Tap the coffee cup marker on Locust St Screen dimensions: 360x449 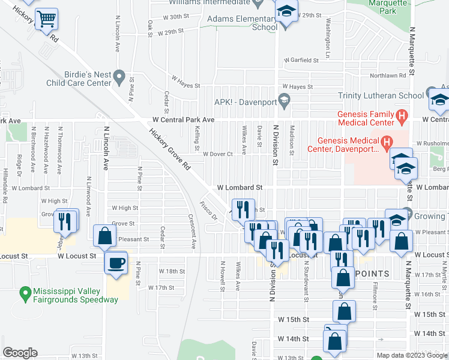tap(116, 262)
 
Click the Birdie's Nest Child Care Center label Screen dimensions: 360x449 tap(79, 78)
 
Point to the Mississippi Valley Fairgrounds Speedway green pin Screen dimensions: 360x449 tap(25, 293)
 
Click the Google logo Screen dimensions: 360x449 tap(20, 353)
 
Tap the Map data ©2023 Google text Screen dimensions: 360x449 tap(411, 355)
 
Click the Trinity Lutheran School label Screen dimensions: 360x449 tap(381, 95)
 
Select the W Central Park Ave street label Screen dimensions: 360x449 tap(183, 120)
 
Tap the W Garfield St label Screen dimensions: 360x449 tap(301, 60)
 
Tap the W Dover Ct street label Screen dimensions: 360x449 tap(217, 154)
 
